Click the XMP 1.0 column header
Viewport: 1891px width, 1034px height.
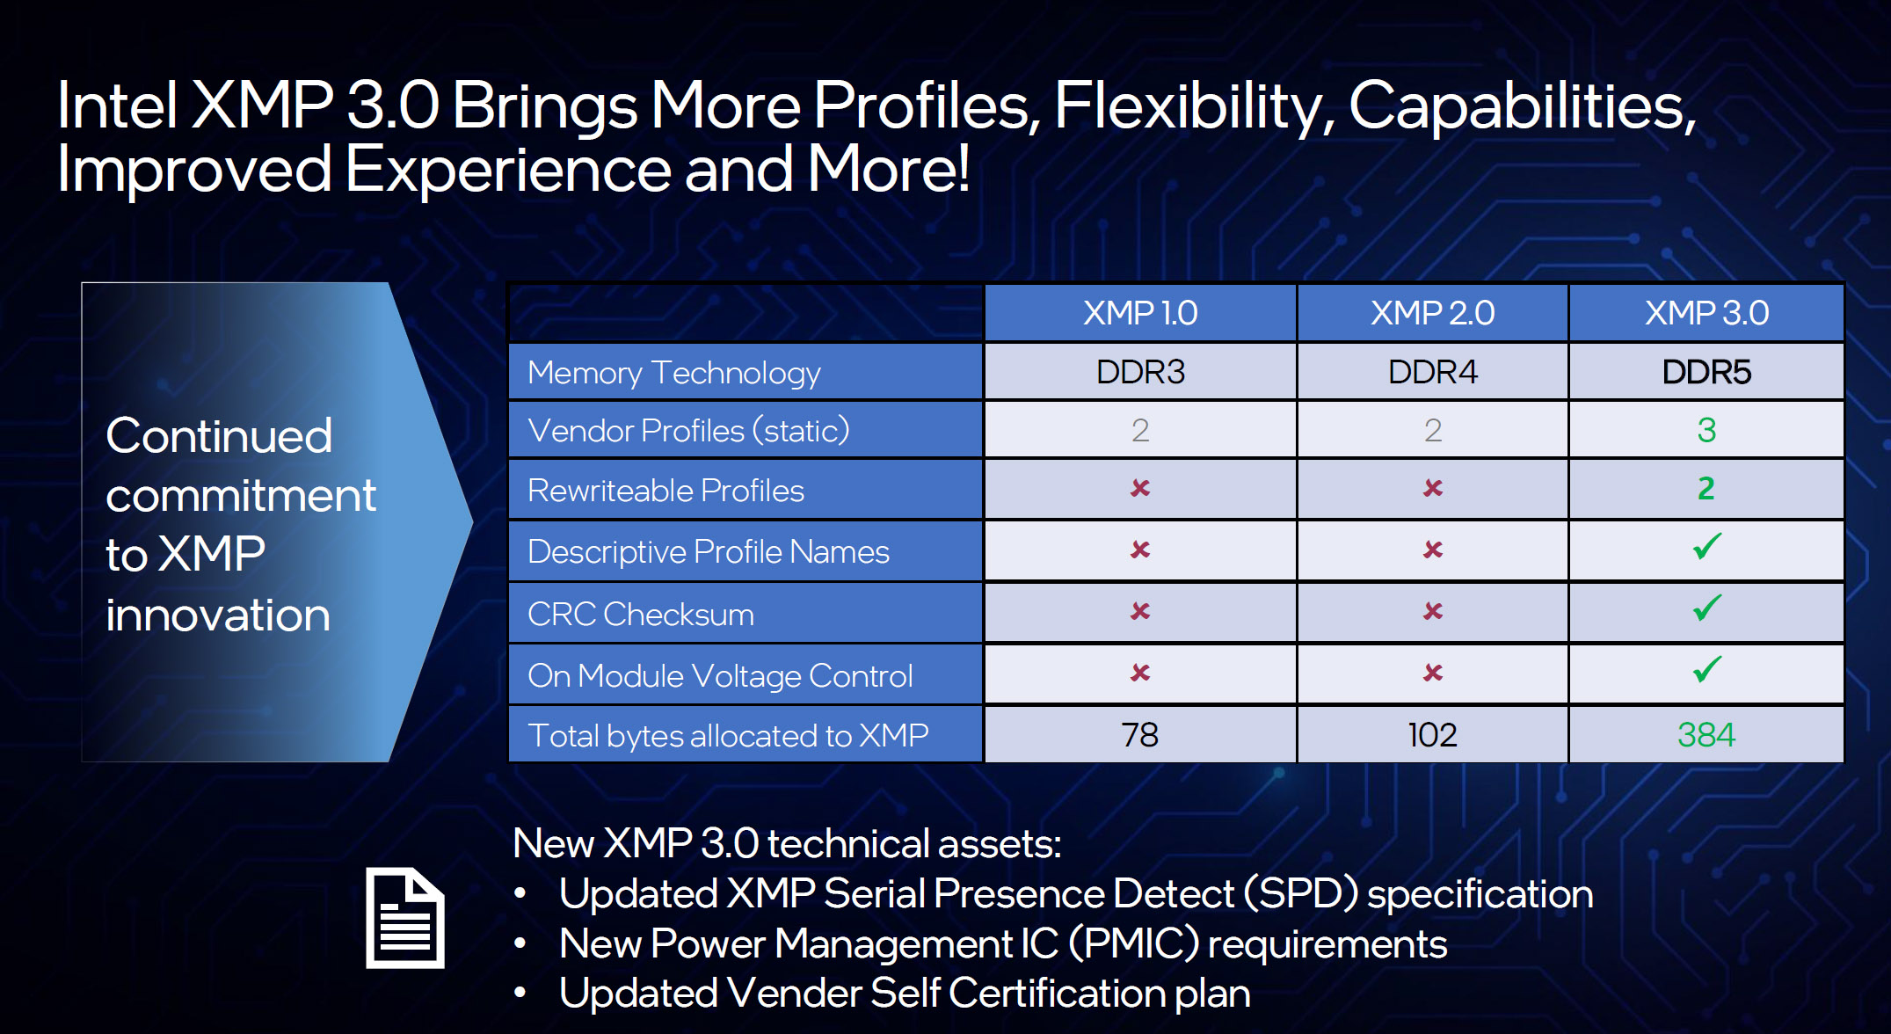click(x=1140, y=313)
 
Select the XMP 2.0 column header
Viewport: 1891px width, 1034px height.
click(x=1432, y=313)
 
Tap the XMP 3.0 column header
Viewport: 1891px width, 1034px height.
click(x=1706, y=313)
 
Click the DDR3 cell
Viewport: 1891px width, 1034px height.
click(x=1140, y=372)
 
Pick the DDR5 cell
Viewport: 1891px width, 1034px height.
click(x=1706, y=372)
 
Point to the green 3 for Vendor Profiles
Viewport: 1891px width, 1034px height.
click(x=1706, y=430)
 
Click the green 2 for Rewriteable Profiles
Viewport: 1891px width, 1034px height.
click(x=1706, y=488)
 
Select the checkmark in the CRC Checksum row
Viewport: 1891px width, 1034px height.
click(x=1706, y=608)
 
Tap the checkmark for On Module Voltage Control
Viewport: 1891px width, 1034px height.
click(x=1706, y=669)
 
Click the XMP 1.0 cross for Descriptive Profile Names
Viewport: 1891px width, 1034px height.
click(x=1140, y=550)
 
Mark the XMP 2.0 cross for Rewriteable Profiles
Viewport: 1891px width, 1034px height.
click(x=1433, y=488)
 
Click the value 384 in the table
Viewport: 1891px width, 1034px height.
click(x=1706, y=734)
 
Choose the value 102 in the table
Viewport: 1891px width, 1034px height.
click(x=1432, y=734)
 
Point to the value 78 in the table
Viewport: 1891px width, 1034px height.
click(x=1140, y=734)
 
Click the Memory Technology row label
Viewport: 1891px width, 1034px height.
click(x=674, y=373)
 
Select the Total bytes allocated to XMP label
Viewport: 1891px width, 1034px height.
click(x=728, y=735)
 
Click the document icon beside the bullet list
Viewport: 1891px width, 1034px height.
click(x=405, y=918)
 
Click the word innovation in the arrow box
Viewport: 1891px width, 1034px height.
click(x=218, y=614)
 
